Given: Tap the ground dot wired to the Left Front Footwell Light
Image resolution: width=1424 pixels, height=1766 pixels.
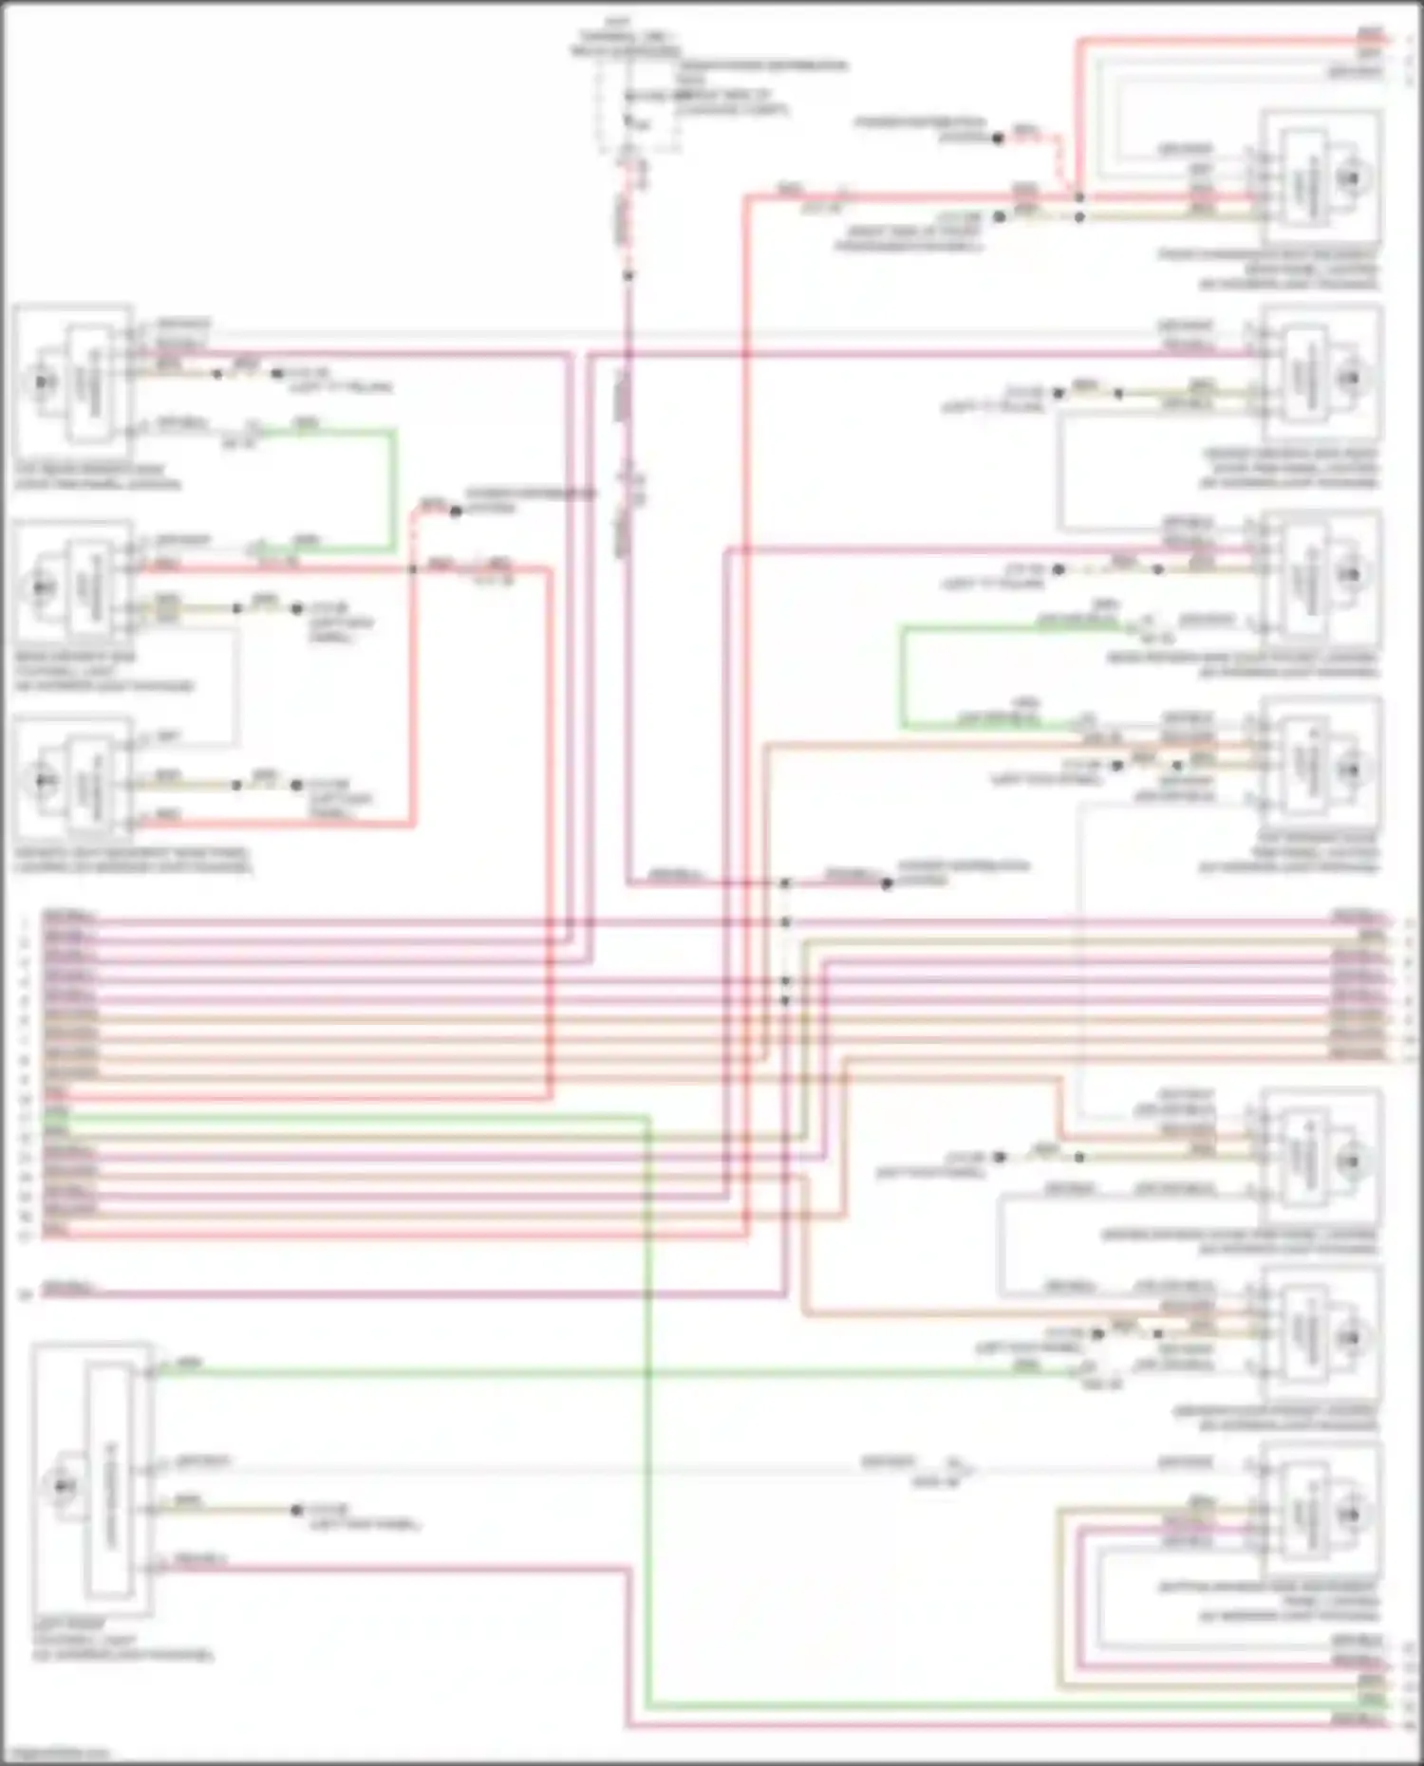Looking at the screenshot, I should pos(297,1509).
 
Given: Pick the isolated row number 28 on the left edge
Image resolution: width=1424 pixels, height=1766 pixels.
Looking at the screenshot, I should pos(26,1292).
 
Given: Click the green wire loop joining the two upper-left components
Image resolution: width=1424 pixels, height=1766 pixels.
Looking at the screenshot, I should pos(394,489).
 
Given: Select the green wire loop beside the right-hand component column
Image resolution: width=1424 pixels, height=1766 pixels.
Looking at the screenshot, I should pos(904,676).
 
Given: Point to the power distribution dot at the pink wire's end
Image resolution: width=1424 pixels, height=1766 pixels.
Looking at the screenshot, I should pos(887,883).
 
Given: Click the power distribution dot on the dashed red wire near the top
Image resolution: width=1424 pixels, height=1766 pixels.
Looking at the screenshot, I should pos(998,139).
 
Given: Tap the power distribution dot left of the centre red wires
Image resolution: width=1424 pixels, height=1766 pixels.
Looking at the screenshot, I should pos(456,511).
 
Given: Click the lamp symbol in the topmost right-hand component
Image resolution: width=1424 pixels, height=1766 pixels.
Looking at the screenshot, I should pos(1350,178).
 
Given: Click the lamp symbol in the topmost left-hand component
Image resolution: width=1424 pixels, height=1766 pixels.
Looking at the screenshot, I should pos(42,381).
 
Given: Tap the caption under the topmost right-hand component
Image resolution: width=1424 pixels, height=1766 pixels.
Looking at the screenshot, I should pos(1268,270).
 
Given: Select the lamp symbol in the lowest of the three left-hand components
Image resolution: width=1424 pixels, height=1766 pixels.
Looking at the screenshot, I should pos(42,780).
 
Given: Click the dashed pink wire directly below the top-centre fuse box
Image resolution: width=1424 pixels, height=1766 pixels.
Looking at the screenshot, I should pos(628,218).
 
